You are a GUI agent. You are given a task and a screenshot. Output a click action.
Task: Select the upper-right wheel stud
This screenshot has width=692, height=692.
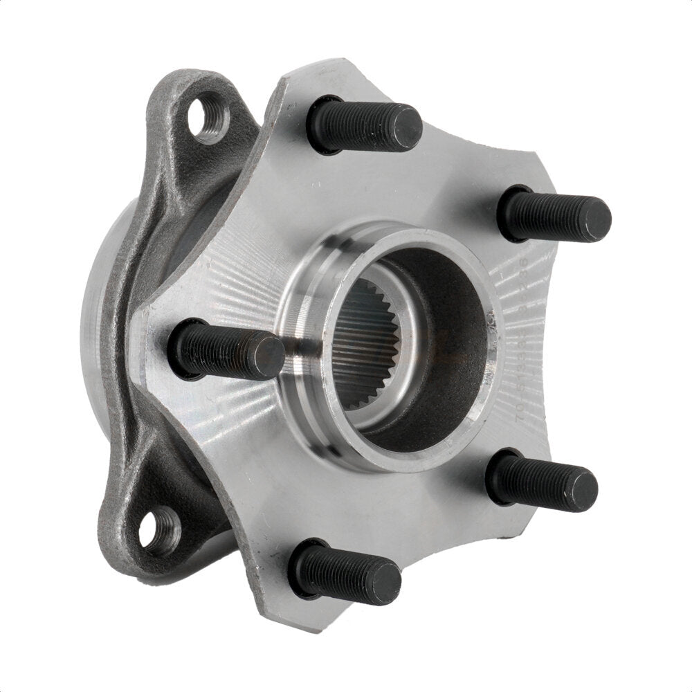[554, 213]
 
